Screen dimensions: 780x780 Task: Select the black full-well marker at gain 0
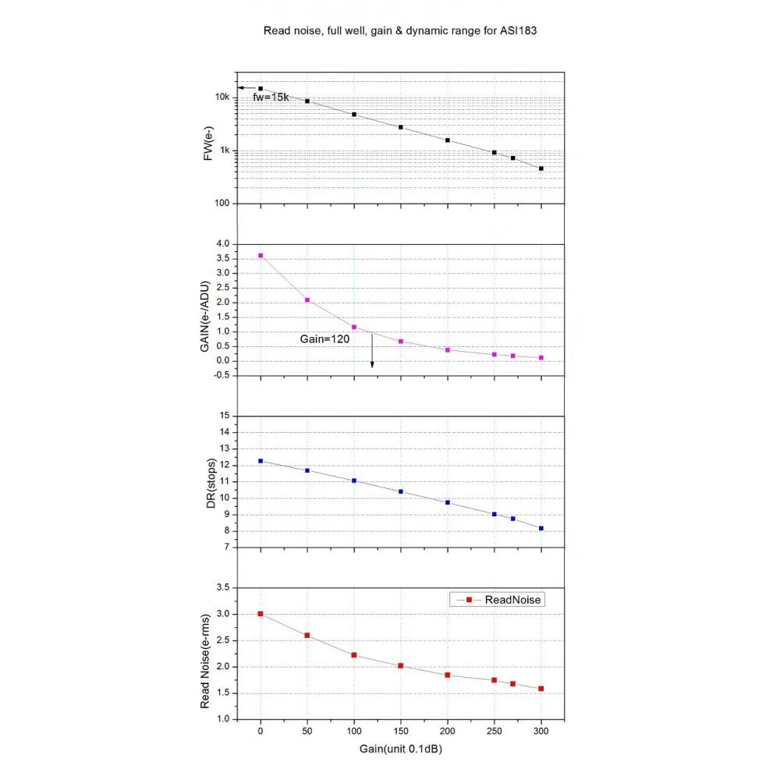coord(261,89)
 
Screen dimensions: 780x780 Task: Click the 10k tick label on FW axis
coord(222,97)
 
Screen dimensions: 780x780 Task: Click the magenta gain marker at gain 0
coord(261,256)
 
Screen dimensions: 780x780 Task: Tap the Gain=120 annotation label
coord(324,340)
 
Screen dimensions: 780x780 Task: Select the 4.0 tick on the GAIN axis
coord(222,244)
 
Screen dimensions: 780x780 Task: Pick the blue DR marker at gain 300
coord(541,529)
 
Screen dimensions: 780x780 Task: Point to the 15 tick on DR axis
coord(225,416)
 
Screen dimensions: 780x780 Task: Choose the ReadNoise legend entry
coord(496,600)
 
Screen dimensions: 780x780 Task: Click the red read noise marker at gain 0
coord(261,614)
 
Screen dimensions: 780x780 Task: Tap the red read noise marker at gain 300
coord(541,689)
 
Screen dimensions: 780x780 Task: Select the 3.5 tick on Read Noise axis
coord(222,587)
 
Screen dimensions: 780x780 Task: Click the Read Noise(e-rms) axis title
coord(207,653)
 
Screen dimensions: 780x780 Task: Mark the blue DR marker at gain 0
coord(261,461)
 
